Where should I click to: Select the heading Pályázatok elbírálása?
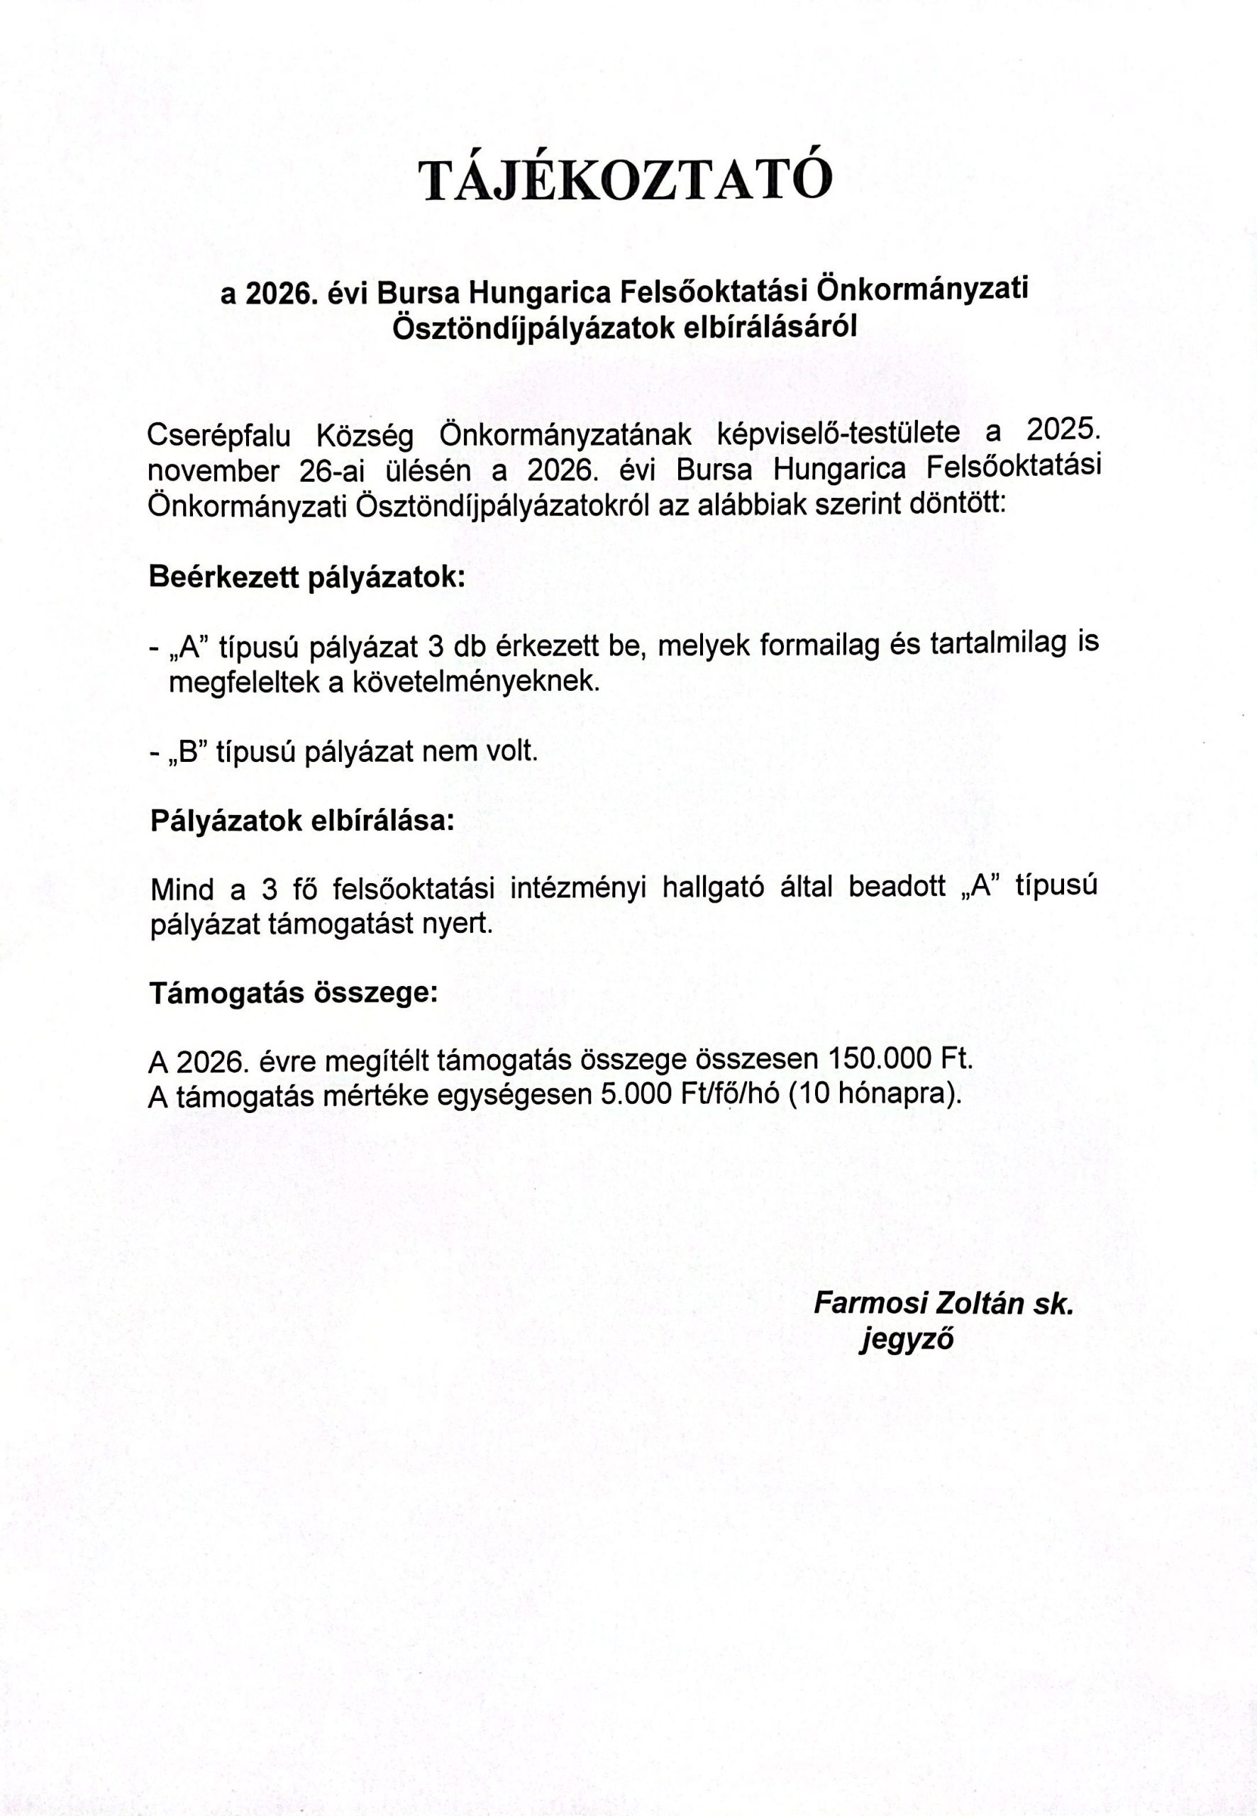pyautogui.click(x=302, y=821)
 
